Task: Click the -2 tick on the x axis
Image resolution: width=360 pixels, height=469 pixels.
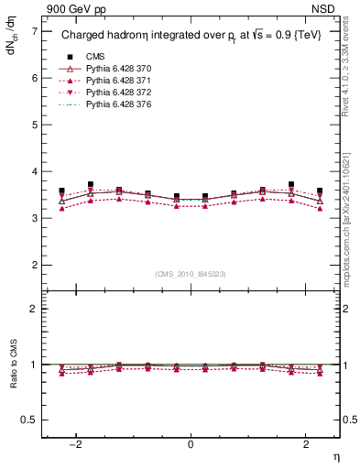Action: click(x=77, y=444)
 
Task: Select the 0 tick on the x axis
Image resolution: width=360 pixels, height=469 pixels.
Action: click(x=191, y=444)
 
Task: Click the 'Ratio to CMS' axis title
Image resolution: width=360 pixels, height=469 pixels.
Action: click(x=12, y=377)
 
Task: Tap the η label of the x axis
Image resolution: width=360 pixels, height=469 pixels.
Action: click(x=335, y=456)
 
